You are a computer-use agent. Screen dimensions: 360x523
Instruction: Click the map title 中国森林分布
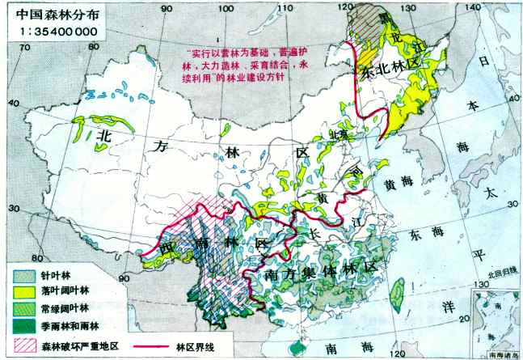(x=48, y=12)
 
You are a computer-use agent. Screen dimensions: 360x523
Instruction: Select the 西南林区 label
(x=215, y=244)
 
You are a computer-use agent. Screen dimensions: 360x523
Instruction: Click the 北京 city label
(x=337, y=135)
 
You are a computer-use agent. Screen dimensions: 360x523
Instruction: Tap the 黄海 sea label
(x=403, y=185)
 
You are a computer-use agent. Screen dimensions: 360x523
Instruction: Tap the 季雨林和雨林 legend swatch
(x=23, y=325)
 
